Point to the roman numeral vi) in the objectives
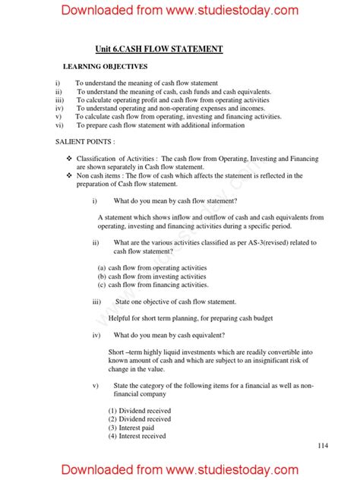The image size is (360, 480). (59, 125)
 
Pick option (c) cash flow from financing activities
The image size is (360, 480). (153, 285)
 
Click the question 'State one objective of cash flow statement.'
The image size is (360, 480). (175, 302)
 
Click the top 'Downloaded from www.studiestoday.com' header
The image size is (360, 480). (180, 11)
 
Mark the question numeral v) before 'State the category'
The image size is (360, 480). (96, 385)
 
